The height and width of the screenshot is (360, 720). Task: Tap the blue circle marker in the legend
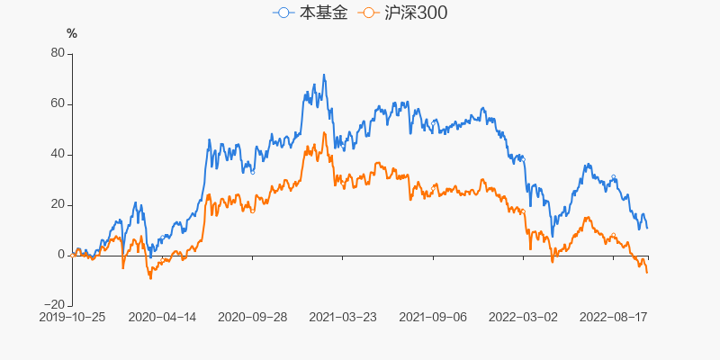285,13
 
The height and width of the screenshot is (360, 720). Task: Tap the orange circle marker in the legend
368,13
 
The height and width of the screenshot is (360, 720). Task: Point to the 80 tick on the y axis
58,53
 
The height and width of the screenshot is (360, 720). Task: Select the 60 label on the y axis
58,103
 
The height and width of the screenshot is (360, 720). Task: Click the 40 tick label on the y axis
58,154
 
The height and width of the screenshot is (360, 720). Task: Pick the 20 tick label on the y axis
58,204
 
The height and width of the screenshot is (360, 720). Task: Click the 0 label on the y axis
61,255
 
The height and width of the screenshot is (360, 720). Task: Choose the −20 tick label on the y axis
54,305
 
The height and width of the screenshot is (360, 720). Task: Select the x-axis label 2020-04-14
162,317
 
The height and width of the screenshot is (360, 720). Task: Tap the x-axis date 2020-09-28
253,317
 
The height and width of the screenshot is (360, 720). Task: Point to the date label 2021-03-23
343,317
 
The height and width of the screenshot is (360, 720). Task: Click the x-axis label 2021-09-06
433,317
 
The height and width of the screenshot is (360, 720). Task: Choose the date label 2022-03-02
523,317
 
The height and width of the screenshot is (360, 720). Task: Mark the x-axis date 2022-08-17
613,317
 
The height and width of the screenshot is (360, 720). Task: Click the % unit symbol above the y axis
72,33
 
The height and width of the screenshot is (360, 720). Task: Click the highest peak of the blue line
324,75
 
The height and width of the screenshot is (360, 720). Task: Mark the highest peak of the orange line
324,133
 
